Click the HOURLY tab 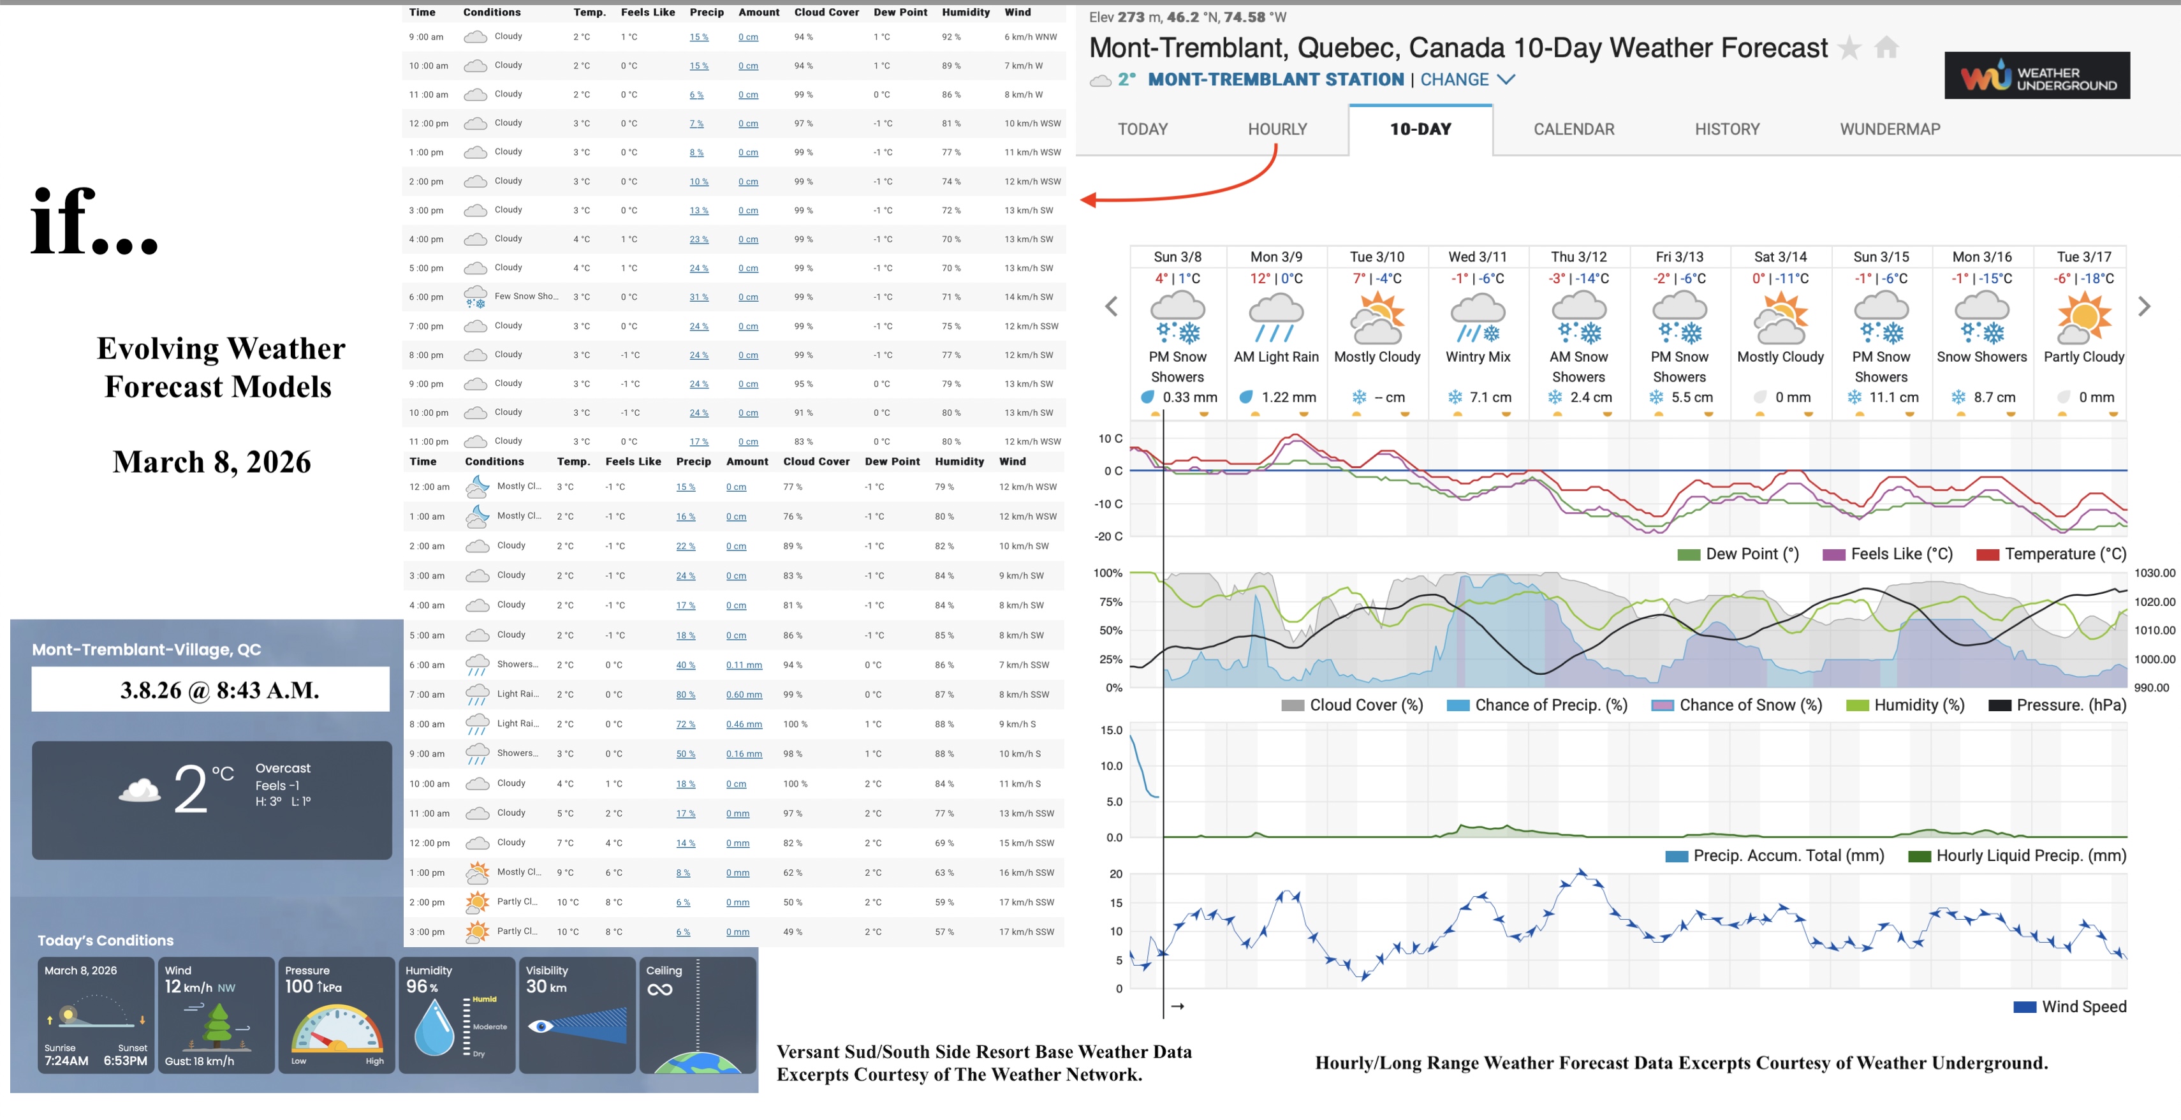1277,129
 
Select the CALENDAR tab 1573,129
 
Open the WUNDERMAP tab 1889,129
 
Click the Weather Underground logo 2036,76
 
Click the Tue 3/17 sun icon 2083,316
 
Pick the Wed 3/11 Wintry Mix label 1478,357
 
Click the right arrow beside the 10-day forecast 2144,306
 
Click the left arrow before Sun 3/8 1112,306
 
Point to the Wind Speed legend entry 2069,1006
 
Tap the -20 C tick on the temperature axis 1108,536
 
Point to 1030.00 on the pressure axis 2154,573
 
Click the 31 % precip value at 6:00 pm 698,297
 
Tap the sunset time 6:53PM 125,1061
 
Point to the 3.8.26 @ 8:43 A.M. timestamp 219,690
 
